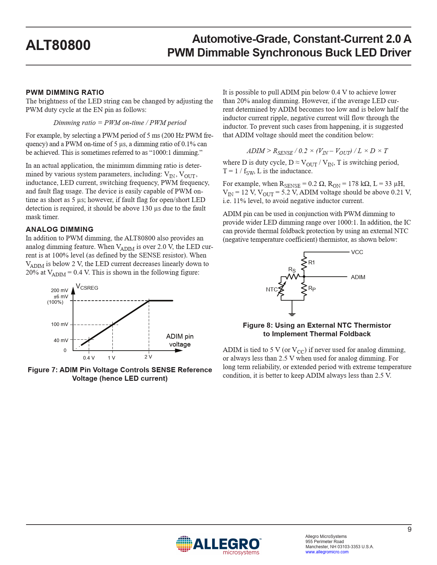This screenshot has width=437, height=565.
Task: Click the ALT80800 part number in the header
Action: pos(58,46)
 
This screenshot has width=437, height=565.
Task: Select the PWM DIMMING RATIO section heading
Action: pos(65,92)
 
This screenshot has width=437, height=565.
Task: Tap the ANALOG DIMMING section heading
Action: pos(60,229)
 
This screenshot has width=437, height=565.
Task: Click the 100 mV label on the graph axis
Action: pos(60,324)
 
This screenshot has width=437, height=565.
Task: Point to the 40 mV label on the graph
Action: pos(61,340)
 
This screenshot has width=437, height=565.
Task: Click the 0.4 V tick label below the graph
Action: pos(89,358)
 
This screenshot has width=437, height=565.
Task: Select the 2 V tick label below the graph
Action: pos(148,357)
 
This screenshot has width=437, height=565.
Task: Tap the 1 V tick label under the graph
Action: pos(111,358)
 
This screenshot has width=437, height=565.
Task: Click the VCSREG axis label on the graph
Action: pos(87,287)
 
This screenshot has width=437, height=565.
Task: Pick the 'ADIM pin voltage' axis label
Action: pos(180,340)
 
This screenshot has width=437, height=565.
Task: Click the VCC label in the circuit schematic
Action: pos(357,252)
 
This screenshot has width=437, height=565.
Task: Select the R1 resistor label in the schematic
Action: pos(312,263)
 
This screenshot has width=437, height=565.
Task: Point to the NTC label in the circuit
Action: pos(272,290)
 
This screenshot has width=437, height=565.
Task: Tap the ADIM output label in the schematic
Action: pos(358,277)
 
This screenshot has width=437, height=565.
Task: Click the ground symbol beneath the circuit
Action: pos(292,313)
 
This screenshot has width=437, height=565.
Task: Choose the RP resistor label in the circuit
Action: pos(312,289)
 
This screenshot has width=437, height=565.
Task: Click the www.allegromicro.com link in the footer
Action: pos(327,552)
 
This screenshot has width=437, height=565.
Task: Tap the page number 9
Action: pos(409,529)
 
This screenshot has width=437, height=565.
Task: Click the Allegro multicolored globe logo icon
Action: pos(184,544)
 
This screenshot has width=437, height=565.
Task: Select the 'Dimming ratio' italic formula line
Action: pos(120,123)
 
